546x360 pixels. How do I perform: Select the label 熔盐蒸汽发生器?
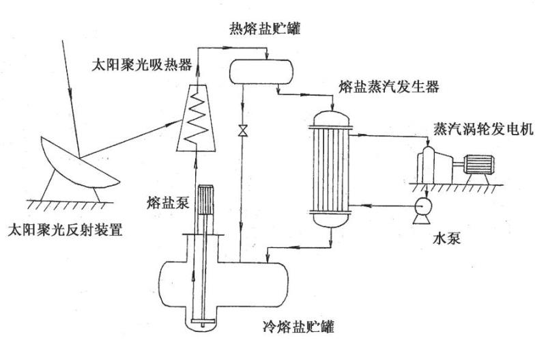click(388, 87)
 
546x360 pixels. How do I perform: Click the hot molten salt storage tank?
click(260, 69)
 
